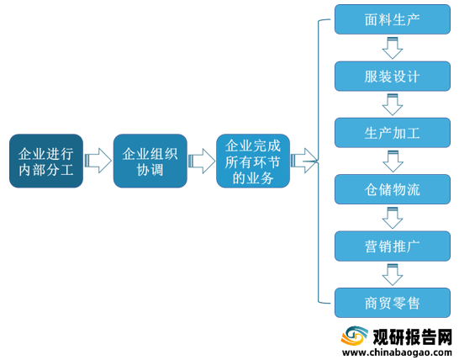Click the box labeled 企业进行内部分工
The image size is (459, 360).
46,161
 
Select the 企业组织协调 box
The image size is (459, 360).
150,161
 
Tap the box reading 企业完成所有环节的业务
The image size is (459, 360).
253,161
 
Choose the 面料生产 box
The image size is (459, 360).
393,19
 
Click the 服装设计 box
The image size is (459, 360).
393,77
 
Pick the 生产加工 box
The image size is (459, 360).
393,133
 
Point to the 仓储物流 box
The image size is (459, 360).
393,189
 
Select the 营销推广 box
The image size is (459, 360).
393,246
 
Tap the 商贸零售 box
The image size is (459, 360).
393,303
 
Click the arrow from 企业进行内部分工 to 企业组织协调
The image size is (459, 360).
98,161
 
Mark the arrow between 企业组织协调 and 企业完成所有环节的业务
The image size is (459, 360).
202,161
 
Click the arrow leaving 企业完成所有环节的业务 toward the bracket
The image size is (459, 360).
303,161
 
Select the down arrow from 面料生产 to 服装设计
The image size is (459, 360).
393,48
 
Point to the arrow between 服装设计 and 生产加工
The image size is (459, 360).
393,104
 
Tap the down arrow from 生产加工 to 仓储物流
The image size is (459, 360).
393,161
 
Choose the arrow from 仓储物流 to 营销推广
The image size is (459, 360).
393,218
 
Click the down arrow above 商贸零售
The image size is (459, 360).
393,275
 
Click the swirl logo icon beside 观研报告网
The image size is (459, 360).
355,336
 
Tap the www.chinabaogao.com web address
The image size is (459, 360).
397,352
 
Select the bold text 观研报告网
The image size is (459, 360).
413,336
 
